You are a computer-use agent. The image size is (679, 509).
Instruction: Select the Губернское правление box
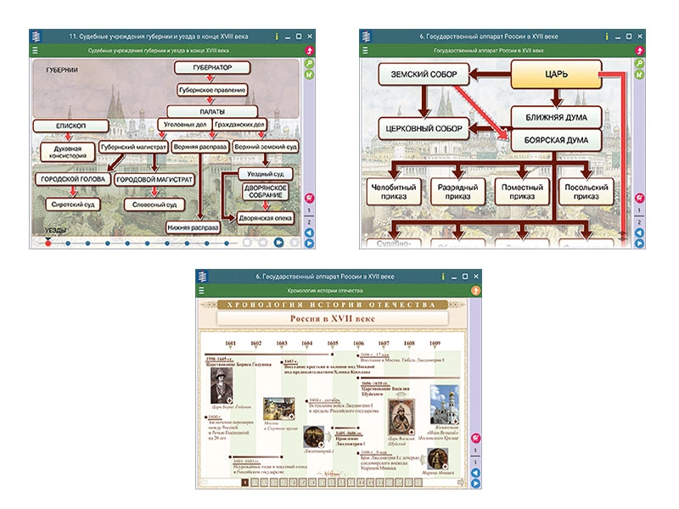(x=212, y=89)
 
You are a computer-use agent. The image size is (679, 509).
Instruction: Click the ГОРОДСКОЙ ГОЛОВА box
(x=72, y=180)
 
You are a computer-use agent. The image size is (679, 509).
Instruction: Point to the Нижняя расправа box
(x=194, y=227)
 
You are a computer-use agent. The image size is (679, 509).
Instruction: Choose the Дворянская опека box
(x=267, y=218)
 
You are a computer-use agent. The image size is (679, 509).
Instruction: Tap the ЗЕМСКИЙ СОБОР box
(x=424, y=76)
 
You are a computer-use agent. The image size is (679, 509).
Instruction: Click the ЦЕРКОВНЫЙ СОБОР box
(x=424, y=128)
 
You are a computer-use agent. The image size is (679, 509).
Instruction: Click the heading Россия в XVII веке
(x=338, y=318)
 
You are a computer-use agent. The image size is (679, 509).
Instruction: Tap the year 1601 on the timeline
(x=231, y=344)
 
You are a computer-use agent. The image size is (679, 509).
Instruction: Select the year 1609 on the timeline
(x=435, y=344)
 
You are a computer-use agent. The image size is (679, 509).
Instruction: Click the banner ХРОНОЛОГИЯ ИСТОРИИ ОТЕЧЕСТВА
(x=339, y=304)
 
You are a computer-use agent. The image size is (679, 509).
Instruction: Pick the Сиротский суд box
(x=71, y=204)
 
